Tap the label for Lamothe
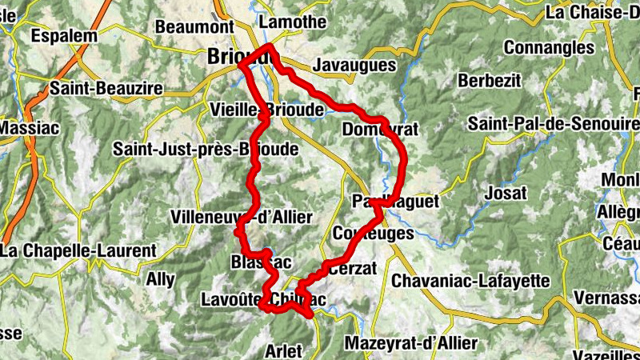[293, 22]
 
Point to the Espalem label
[63, 36]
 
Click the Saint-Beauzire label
[106, 88]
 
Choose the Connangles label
[548, 47]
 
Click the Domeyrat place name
[380, 130]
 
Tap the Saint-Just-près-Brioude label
[205, 149]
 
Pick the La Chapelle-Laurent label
[78, 250]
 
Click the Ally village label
[159, 280]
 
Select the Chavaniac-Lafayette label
[471, 281]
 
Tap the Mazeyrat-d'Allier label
[411, 343]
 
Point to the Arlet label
[283, 351]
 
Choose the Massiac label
[25, 127]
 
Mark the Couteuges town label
[372, 234]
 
